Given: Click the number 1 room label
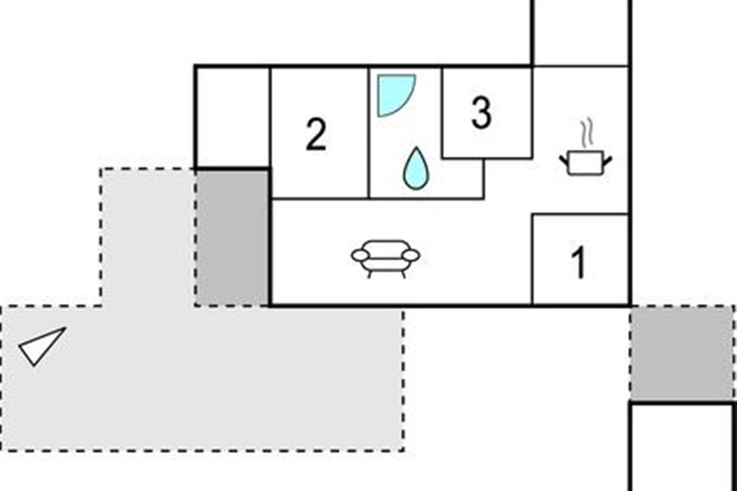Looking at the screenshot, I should coord(579,263).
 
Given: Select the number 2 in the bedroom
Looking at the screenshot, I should coord(316,136).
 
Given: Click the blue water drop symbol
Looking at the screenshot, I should coord(416,168).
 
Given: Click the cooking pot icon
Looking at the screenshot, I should coord(585,163).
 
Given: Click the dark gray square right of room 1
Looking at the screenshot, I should coord(682,353).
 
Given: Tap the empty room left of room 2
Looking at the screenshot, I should coord(232,117).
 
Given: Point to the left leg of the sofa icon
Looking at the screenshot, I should coord(370,274).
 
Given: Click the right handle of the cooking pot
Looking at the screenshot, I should coord(607,161).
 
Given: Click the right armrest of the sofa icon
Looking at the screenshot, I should coord(412,255).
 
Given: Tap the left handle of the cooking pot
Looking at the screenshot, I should coord(564,161).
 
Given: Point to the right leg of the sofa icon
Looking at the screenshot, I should coord(403,274).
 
